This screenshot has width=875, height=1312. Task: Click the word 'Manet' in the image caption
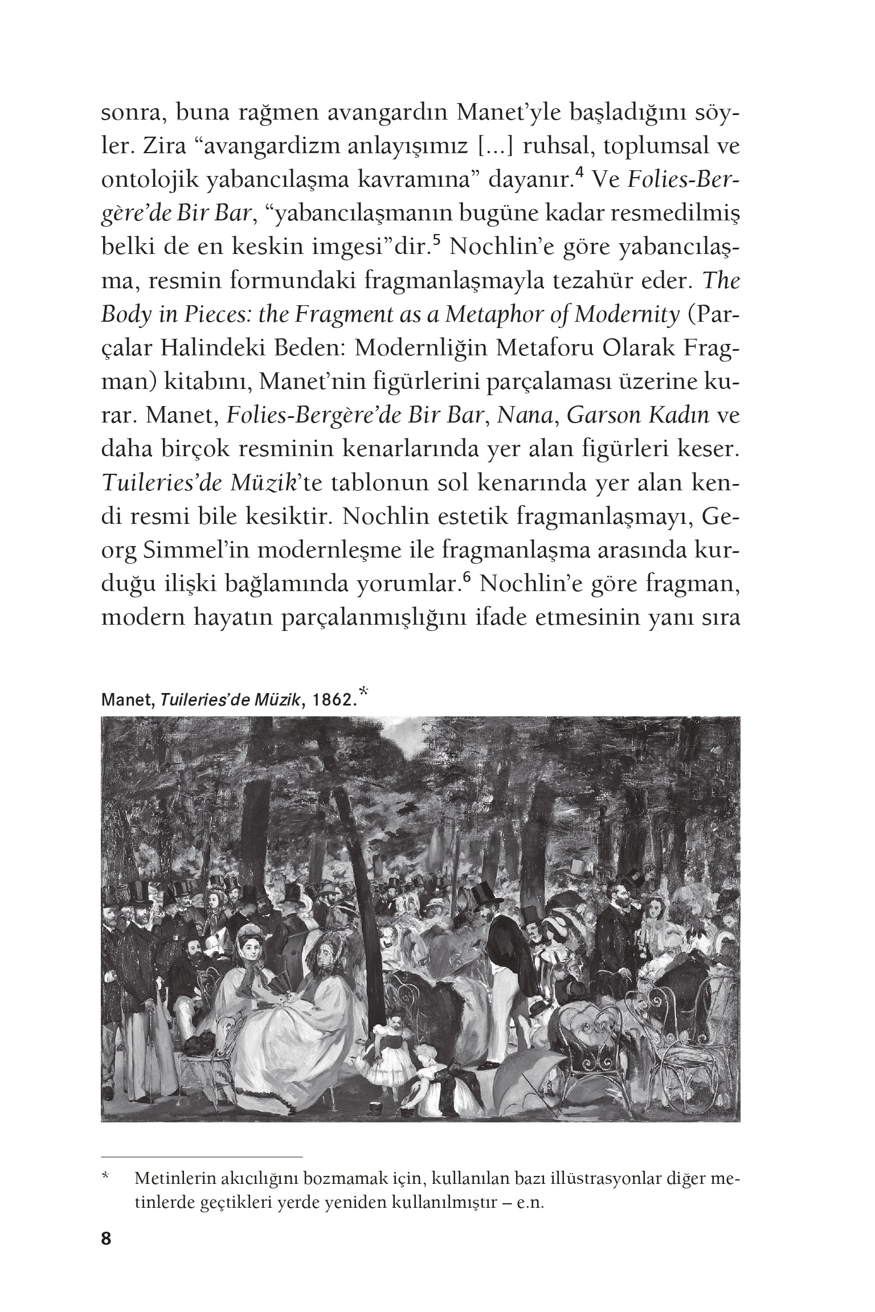(x=126, y=700)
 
